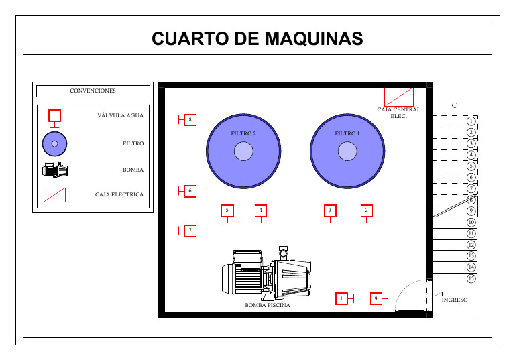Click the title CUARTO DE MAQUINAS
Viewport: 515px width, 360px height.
257,39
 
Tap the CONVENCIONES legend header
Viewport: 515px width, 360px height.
93,91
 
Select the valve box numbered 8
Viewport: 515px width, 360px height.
190,120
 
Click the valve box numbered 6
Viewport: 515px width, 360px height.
190,191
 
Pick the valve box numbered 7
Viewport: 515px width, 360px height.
190,231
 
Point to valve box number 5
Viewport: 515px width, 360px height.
227,211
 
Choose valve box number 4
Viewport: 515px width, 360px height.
260,211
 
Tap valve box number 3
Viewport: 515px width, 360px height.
330,211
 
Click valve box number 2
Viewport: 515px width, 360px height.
366,211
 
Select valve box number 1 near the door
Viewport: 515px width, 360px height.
341,298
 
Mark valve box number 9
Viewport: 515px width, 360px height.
376,298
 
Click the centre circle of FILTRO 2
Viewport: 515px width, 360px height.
243,152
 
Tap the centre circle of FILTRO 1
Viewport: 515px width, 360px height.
347,152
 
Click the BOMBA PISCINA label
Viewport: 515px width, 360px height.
268,306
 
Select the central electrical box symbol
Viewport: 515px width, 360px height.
399,96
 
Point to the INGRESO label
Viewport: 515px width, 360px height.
455,300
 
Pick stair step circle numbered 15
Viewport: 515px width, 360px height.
471,278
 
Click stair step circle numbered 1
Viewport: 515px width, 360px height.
471,121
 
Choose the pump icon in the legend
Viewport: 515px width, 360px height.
55,170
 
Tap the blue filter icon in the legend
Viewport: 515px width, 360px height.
55,143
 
